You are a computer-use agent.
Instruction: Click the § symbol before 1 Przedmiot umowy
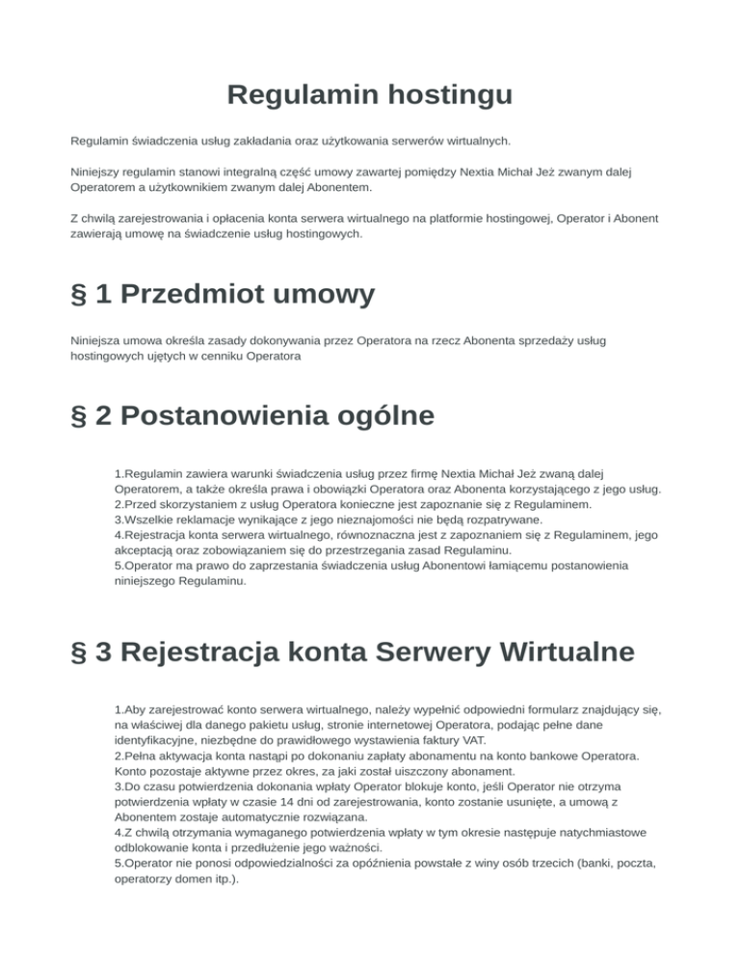(x=83, y=293)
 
